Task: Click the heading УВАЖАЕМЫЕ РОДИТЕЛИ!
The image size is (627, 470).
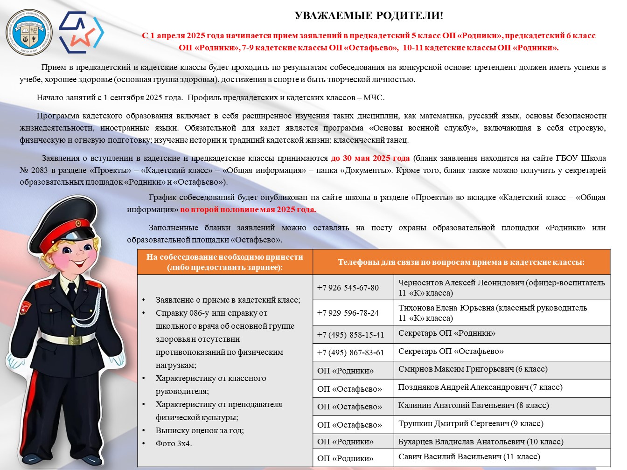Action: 369,16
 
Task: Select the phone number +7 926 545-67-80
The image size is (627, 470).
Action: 348,288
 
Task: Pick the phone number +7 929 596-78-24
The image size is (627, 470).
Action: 348,313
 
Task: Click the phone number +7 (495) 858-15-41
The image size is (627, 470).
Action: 350,335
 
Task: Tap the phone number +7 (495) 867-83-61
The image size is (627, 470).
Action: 350,352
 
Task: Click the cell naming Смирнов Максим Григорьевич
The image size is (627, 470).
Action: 473,369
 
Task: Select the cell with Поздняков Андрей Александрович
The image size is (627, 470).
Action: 480,387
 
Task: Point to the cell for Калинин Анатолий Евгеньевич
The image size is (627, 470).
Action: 473,406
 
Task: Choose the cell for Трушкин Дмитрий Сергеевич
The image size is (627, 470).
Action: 470,424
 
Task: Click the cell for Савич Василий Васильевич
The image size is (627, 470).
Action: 469,457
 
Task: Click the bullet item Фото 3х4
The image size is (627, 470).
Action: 174,443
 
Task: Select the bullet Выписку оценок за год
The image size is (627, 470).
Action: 200,430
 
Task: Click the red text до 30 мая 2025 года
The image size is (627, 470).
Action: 370,158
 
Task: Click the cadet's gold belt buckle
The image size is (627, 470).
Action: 75,340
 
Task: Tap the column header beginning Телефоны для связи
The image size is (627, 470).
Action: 461,262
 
